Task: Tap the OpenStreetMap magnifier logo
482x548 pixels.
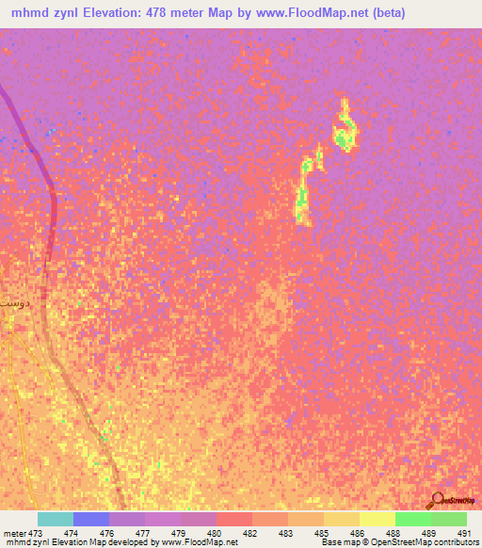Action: [436, 499]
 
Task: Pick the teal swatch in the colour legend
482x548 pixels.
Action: [56, 519]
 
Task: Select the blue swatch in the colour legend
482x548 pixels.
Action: [91, 519]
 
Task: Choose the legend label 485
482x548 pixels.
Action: [318, 533]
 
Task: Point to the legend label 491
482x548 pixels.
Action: [462, 533]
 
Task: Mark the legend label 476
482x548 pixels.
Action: [106, 533]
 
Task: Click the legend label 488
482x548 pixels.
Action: [391, 533]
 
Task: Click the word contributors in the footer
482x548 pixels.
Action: [452, 543]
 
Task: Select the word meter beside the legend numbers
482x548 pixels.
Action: [14, 533]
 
